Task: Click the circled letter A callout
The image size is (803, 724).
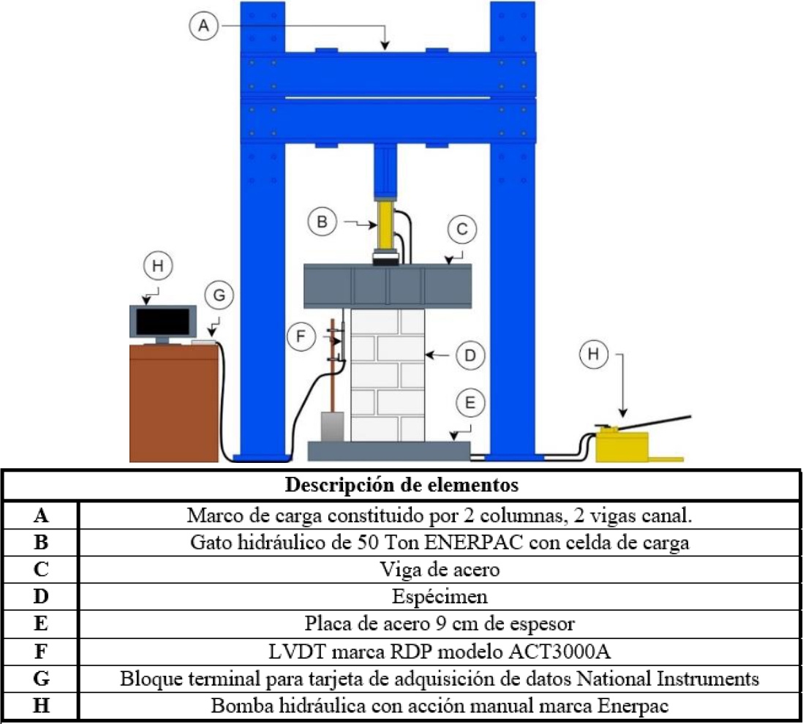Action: (204, 26)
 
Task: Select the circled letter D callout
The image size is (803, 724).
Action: (469, 355)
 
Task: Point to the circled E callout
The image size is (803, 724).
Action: (470, 402)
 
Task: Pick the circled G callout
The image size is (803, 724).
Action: (221, 296)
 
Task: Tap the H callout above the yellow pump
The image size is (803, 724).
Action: (595, 355)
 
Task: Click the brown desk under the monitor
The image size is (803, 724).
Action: (174, 402)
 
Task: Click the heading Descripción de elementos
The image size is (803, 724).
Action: (401, 485)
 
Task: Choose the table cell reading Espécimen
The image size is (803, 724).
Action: (439, 597)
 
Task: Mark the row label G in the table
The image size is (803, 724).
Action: (41, 679)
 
